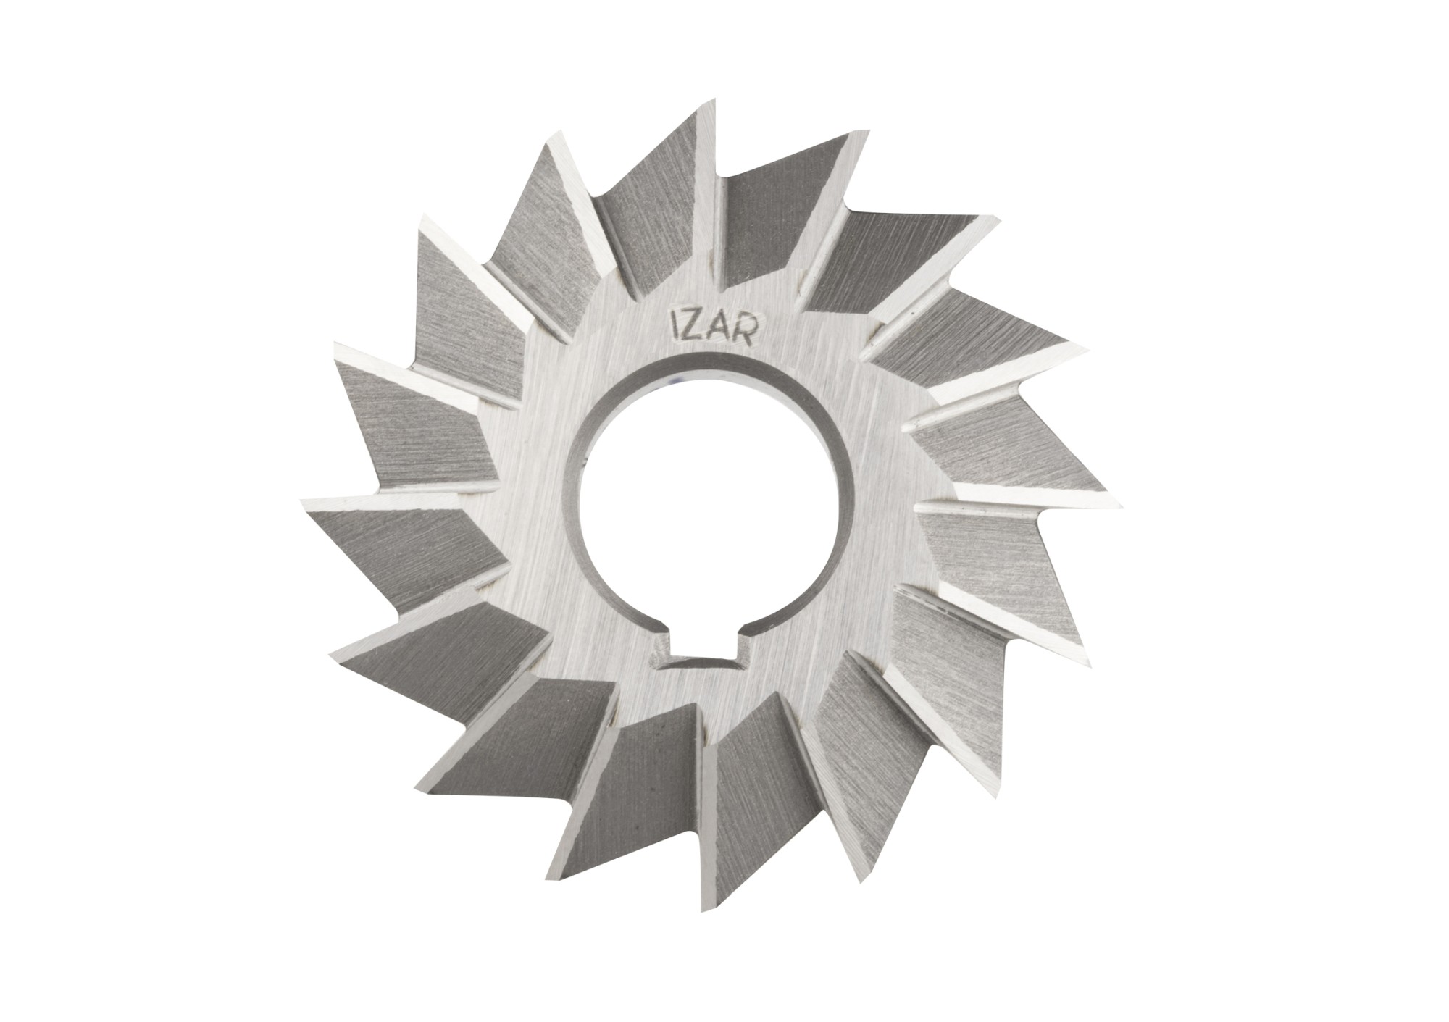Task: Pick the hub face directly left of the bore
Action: [536, 500]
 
